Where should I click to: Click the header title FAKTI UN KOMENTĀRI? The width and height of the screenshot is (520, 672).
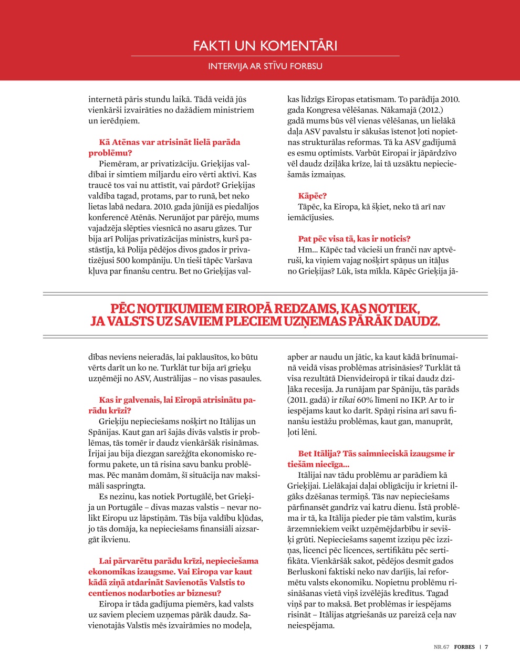tap(265, 46)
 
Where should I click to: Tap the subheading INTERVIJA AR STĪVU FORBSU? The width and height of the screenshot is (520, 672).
tap(265, 66)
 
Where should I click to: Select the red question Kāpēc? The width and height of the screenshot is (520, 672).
tap(313, 196)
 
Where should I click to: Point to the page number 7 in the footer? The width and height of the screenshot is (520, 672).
tap(486, 647)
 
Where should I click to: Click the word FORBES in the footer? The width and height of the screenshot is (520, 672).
tap(464, 647)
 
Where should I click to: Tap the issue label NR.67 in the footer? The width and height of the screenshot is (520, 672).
tap(441, 647)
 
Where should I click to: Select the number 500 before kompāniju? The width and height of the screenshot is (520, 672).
tap(123, 260)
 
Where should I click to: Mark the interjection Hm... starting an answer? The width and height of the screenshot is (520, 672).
tap(307, 249)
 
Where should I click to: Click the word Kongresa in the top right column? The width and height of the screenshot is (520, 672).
tap(324, 110)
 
